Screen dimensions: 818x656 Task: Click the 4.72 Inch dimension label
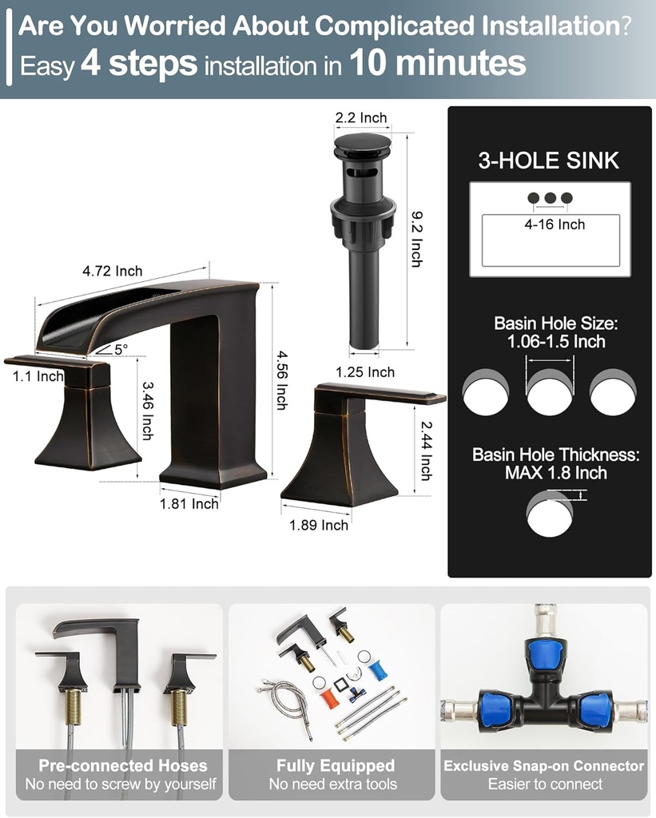point(112,272)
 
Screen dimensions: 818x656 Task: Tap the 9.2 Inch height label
point(416,238)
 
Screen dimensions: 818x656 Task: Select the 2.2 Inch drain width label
point(360,118)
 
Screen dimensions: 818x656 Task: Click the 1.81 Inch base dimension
point(189,504)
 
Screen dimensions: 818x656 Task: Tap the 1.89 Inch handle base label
point(319,525)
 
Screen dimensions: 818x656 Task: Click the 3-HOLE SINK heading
point(548,161)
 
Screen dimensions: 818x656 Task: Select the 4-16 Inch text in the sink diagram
point(555,225)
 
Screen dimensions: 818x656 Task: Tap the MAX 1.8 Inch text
point(555,473)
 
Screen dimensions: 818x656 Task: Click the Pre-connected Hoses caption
point(123,766)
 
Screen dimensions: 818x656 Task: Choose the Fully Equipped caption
point(336,766)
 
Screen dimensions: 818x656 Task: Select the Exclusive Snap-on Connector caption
point(544,766)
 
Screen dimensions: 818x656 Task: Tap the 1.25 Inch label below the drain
point(365,372)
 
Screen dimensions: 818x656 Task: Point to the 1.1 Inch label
point(38,376)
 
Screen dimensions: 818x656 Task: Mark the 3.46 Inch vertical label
point(147,411)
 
